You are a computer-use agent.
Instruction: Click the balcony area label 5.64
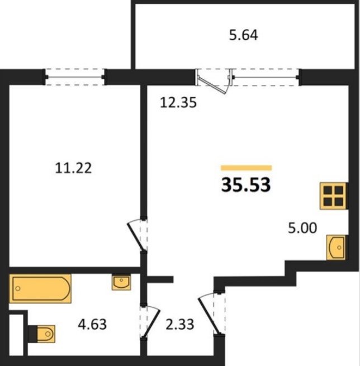[244, 35]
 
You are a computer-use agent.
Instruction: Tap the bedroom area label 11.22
[73, 168]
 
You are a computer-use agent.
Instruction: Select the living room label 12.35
[178, 103]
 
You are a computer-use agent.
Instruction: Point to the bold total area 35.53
[246, 184]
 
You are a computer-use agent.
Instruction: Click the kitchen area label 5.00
[302, 228]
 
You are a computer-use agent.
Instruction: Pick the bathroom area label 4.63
[92, 325]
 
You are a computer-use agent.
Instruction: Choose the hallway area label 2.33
[180, 325]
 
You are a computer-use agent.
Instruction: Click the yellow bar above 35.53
[247, 168]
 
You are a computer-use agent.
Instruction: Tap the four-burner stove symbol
[334, 196]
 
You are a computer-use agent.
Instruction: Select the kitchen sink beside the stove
[337, 248]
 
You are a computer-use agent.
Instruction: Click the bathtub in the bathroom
[40, 288]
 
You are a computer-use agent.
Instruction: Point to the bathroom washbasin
[121, 282]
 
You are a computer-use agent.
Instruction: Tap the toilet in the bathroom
[42, 334]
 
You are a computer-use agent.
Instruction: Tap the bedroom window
[75, 77]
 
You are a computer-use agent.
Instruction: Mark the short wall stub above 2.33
[160, 279]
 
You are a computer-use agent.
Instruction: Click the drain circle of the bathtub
[18, 288]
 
